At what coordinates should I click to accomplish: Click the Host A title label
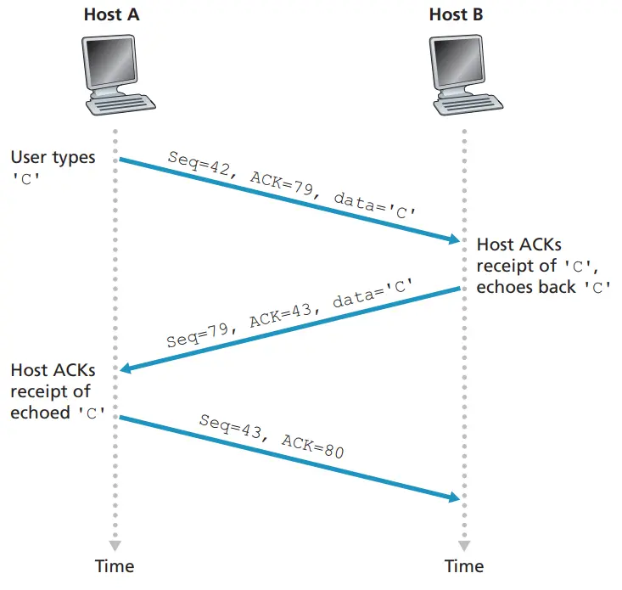(111, 14)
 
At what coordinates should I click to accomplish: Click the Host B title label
(457, 14)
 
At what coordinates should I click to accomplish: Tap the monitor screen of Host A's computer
(109, 61)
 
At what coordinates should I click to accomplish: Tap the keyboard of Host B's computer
(468, 104)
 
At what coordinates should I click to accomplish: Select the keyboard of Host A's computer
(120, 104)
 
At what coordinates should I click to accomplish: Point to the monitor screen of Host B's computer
(457, 61)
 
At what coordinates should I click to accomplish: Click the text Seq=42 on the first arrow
(199, 163)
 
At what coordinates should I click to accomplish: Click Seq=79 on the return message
(198, 335)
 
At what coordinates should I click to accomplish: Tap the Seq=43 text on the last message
(230, 426)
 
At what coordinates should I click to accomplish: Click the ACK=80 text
(312, 447)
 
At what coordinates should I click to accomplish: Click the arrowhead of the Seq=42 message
(454, 239)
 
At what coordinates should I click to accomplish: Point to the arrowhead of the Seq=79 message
(126, 368)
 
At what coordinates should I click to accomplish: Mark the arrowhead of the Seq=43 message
(454, 497)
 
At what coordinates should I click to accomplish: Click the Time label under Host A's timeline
(115, 566)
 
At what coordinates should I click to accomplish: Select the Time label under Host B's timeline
(464, 566)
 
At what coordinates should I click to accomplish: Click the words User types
(53, 158)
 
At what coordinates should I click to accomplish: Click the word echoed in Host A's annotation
(40, 413)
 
